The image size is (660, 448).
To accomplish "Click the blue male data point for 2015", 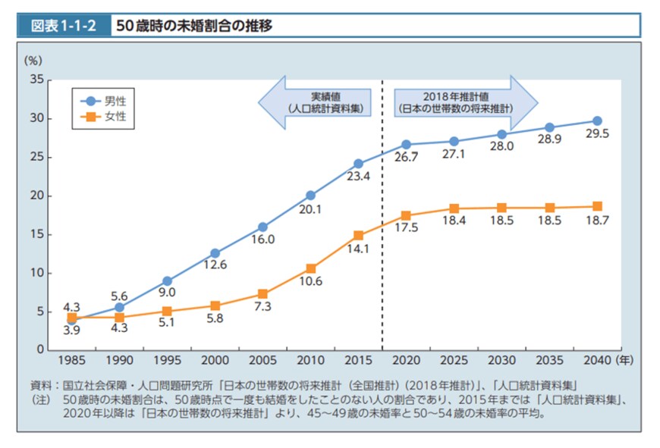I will tap(359, 163).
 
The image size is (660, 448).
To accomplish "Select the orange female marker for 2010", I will tap(310, 268).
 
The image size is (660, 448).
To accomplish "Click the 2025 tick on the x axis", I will tap(454, 362).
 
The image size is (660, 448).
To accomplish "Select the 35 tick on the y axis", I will tap(35, 80).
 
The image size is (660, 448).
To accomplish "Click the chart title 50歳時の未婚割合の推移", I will tap(193, 26).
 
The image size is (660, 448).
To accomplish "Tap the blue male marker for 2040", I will tap(597, 121).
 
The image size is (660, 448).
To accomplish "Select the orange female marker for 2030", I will tap(501, 208).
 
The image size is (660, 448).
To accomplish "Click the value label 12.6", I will tap(215, 265).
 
